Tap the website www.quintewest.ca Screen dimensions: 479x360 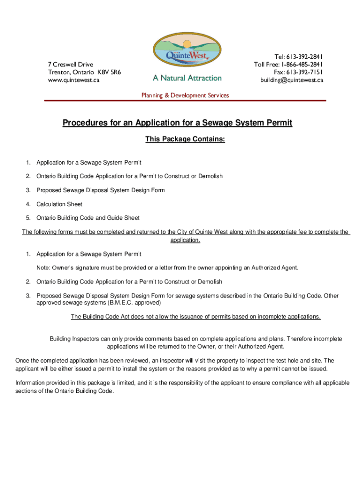coord(73,80)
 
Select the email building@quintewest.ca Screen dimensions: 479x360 coord(292,80)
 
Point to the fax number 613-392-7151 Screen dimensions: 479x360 coord(304,72)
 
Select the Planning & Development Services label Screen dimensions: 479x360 coord(185,95)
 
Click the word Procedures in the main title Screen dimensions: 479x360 coord(84,123)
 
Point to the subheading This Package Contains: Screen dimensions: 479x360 coord(185,139)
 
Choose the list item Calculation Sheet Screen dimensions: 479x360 coord(59,204)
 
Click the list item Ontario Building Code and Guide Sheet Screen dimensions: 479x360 coord(88,218)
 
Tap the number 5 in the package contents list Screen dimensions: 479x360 coord(28,218)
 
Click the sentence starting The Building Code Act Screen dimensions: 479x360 coord(195,317)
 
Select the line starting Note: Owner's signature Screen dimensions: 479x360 coord(167,268)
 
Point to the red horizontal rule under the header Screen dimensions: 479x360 coord(185,101)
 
